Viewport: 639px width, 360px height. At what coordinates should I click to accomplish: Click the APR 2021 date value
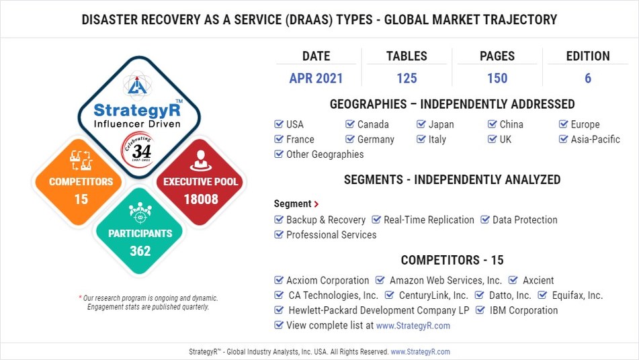316,79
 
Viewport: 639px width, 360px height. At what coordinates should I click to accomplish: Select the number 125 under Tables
407,79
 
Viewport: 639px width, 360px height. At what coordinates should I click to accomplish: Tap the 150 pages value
497,79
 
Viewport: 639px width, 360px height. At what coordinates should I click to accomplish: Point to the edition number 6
588,79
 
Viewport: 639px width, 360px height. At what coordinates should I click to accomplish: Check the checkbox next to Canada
350,124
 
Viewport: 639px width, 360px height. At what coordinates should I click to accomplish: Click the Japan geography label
441,124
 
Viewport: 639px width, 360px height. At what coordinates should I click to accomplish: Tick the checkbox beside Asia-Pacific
564,139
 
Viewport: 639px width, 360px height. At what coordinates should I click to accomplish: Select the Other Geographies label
325,154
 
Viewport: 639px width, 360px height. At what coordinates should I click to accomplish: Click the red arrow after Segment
316,204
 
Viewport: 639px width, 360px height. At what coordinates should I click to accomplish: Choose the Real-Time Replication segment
429,220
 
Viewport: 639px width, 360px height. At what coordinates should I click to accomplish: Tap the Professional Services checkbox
279,234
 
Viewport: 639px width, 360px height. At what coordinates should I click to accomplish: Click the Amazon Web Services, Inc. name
445,280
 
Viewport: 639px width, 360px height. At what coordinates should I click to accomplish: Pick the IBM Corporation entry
523,310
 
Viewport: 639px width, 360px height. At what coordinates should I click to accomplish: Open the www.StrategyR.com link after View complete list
413,325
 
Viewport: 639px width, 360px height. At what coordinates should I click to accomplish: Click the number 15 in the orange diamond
81,199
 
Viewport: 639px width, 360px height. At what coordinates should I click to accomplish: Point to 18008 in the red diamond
201,199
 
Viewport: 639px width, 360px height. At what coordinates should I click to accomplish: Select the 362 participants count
140,251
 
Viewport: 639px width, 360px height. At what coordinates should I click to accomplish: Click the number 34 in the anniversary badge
141,151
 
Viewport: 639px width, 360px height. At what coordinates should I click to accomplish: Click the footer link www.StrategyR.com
420,351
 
